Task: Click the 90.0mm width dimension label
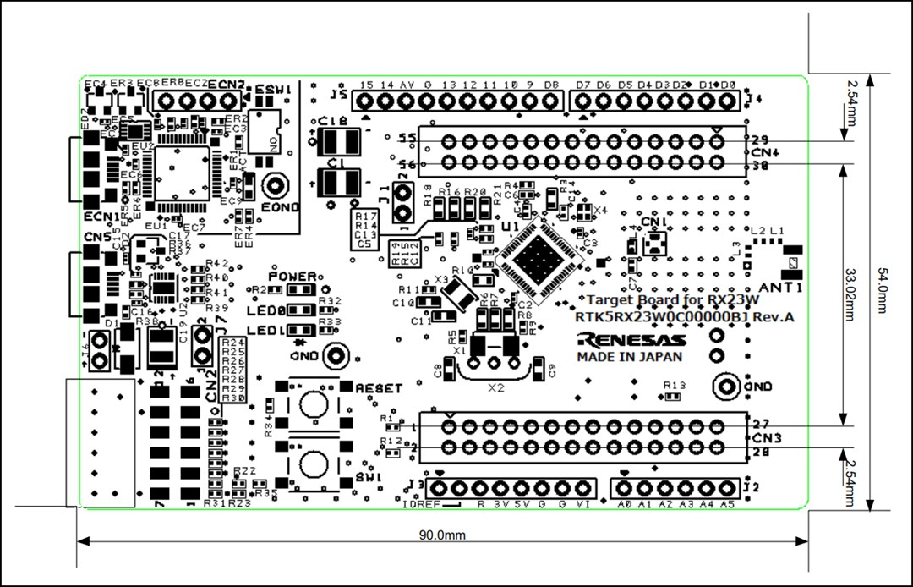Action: pos(441,535)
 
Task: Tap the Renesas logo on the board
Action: pos(630,340)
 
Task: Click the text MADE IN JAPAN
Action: pos(630,357)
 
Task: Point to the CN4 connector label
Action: pos(764,152)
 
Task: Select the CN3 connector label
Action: pos(764,438)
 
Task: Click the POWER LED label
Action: pos(292,277)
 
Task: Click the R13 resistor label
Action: pos(674,386)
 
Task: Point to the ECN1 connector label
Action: pos(97,216)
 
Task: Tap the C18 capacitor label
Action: pos(335,121)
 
